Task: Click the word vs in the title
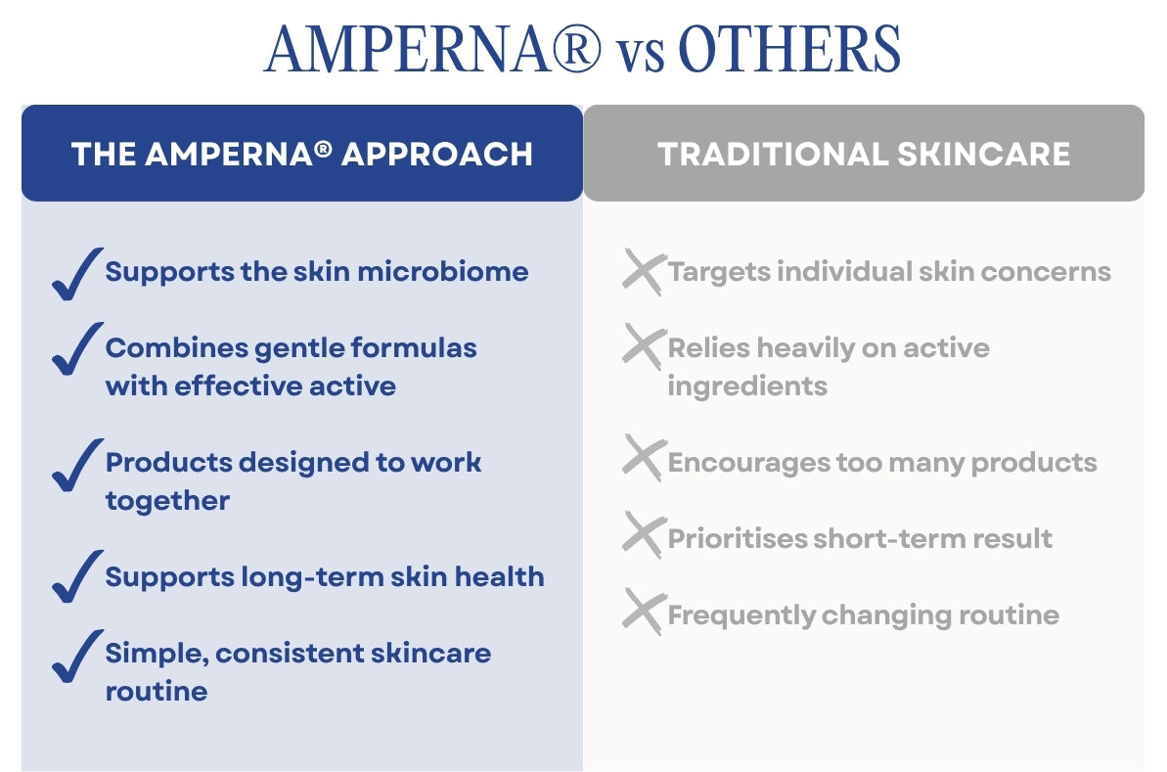click(640, 56)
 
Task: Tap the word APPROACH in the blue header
click(437, 154)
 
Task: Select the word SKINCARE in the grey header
click(983, 154)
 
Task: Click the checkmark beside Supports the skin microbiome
click(76, 274)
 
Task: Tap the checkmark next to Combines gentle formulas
click(76, 348)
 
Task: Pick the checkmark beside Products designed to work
click(76, 465)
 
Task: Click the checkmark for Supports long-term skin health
click(76, 576)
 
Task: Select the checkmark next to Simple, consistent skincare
click(76, 656)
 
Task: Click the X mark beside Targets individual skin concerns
click(644, 272)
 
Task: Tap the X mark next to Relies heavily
click(644, 346)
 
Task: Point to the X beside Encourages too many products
click(644, 458)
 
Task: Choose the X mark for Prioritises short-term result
click(644, 534)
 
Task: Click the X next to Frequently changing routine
click(644, 612)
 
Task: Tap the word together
click(167, 502)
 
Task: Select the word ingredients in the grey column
click(747, 387)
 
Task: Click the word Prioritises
click(737, 538)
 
